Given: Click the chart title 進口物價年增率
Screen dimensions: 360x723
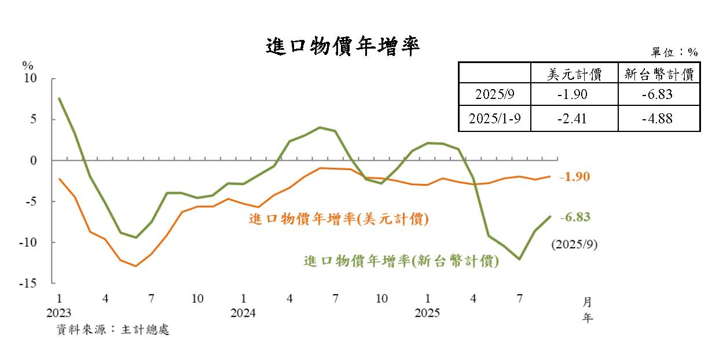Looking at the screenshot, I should [343, 46].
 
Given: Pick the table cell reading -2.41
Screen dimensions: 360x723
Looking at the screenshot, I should [574, 119].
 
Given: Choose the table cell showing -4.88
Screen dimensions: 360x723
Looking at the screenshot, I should [659, 119].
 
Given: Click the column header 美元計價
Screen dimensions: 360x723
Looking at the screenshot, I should [574, 74].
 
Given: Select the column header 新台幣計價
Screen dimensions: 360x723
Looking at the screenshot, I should [659, 74].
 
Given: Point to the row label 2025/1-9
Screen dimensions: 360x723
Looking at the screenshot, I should [494, 119].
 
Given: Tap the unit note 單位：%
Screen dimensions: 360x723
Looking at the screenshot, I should [675, 52].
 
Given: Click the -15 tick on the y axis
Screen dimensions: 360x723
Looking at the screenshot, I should [27, 284].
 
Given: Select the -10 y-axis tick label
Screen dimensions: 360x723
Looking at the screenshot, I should [27, 243].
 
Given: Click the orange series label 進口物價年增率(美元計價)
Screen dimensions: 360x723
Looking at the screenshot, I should [339, 219].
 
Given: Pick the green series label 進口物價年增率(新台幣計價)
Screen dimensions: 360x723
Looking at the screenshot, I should [401, 261].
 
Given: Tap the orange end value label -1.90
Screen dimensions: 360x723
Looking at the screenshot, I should [574, 177].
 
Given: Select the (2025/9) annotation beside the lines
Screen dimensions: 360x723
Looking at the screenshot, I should [574, 244].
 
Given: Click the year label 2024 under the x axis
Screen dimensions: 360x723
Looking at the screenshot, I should [243, 313].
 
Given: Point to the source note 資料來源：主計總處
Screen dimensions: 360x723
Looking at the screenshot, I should [113, 330].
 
